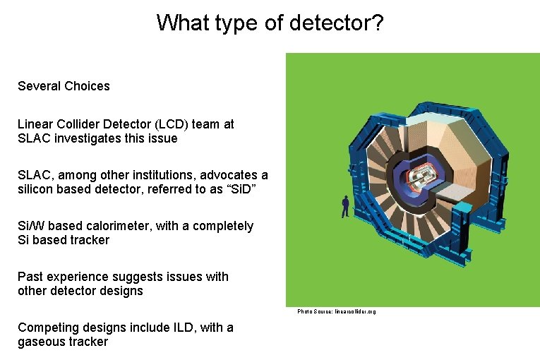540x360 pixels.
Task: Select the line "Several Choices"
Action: pos(64,86)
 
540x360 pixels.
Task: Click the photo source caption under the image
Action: pos(337,311)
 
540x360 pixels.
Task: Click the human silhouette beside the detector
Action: pos(345,206)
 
